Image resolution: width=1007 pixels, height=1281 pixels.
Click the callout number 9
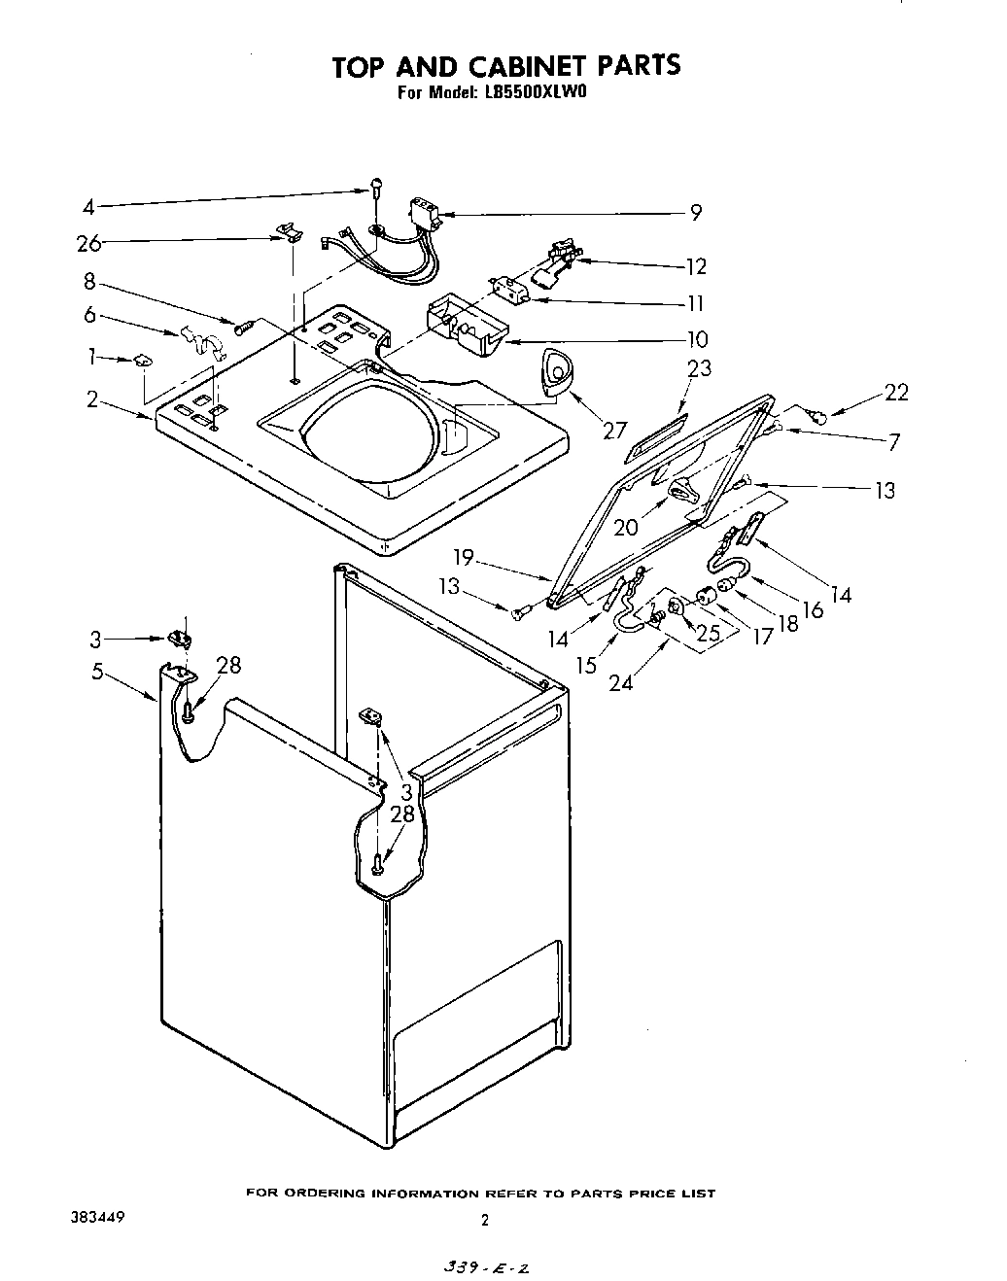[696, 213]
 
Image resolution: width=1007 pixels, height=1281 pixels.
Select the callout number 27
[615, 429]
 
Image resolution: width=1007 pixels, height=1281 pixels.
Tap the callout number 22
[895, 392]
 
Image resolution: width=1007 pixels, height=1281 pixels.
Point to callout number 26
[89, 243]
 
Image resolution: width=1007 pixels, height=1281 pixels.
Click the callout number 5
[97, 672]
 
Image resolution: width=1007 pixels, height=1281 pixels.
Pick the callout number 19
[463, 558]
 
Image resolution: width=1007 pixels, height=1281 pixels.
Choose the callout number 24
[621, 682]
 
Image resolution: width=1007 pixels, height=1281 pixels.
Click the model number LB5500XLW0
[534, 94]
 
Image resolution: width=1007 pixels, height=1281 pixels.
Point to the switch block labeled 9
[424, 213]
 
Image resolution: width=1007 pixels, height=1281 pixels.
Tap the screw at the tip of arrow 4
[375, 193]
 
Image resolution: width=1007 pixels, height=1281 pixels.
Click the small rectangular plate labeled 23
[658, 435]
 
